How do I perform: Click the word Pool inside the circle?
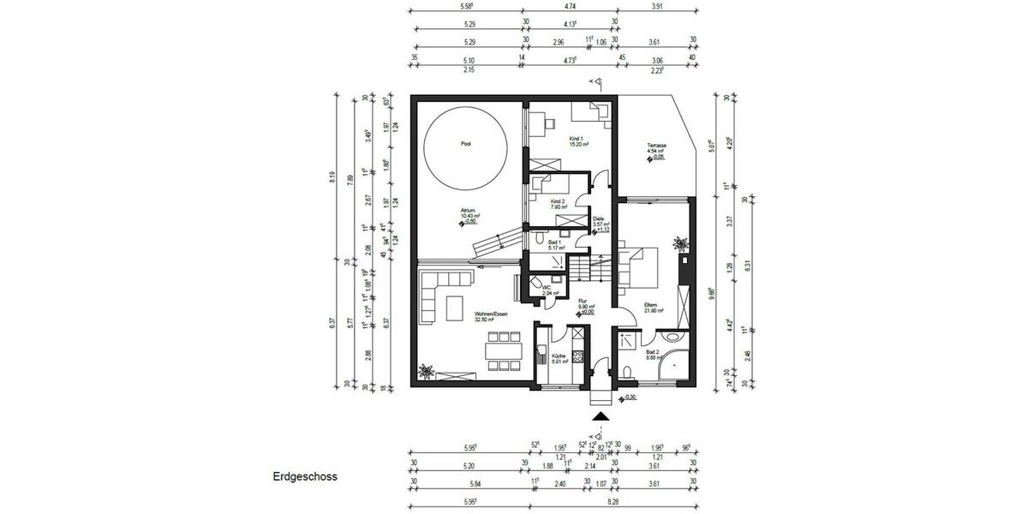(x=466, y=145)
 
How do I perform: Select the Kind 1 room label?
(x=577, y=139)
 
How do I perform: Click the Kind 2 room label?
(x=559, y=202)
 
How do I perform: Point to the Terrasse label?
(x=657, y=146)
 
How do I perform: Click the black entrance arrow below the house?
(x=601, y=416)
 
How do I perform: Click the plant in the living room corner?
(x=426, y=371)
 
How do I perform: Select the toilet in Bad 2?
(x=630, y=370)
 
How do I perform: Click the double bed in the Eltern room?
(x=638, y=266)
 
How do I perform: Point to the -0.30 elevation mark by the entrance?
(x=630, y=397)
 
